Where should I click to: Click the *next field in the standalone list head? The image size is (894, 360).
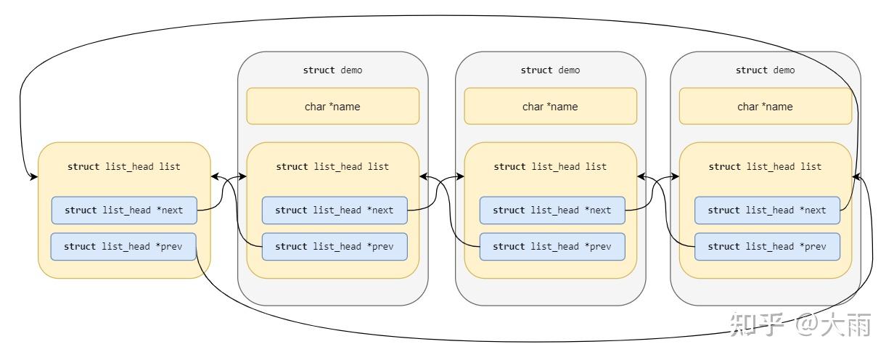(x=124, y=210)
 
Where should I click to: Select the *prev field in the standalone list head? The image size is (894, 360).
(x=123, y=247)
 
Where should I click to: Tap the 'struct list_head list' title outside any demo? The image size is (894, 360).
(x=124, y=166)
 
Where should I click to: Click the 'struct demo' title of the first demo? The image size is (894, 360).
(x=332, y=70)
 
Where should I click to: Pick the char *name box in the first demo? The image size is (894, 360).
(x=332, y=107)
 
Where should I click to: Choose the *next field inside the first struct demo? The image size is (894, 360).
(x=335, y=210)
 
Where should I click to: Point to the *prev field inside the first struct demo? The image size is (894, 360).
(x=335, y=247)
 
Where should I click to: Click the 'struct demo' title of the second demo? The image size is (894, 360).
(x=550, y=70)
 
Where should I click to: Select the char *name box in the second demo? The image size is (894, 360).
(x=550, y=107)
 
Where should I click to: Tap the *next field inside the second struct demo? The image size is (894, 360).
(x=552, y=210)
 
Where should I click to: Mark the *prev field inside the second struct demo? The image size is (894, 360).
(x=552, y=247)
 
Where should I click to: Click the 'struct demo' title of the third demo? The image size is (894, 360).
(x=765, y=70)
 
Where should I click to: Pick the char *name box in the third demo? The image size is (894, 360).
(x=765, y=107)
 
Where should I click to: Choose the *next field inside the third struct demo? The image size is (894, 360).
(x=767, y=210)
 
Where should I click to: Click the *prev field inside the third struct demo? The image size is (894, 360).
(x=767, y=247)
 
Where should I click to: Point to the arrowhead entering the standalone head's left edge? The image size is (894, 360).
(x=33, y=176)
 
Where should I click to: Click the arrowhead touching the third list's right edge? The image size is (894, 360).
(x=856, y=176)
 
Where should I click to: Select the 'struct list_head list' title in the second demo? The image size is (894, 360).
(x=550, y=166)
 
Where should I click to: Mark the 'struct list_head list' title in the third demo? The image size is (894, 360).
(x=765, y=166)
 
